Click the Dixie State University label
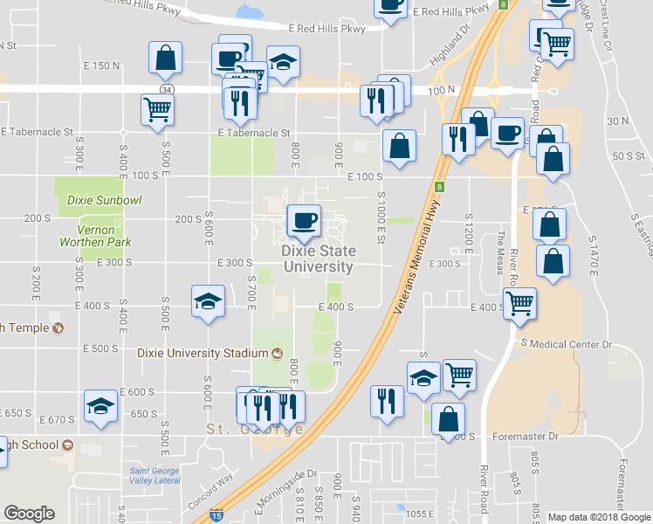318,259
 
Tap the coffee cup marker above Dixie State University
304,221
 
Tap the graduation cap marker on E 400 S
208,302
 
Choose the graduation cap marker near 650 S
100,407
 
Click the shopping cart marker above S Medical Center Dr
520,304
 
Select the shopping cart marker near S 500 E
158,110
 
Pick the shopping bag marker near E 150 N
166,59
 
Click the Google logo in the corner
29,514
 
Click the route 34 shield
165,89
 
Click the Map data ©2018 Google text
599,517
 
